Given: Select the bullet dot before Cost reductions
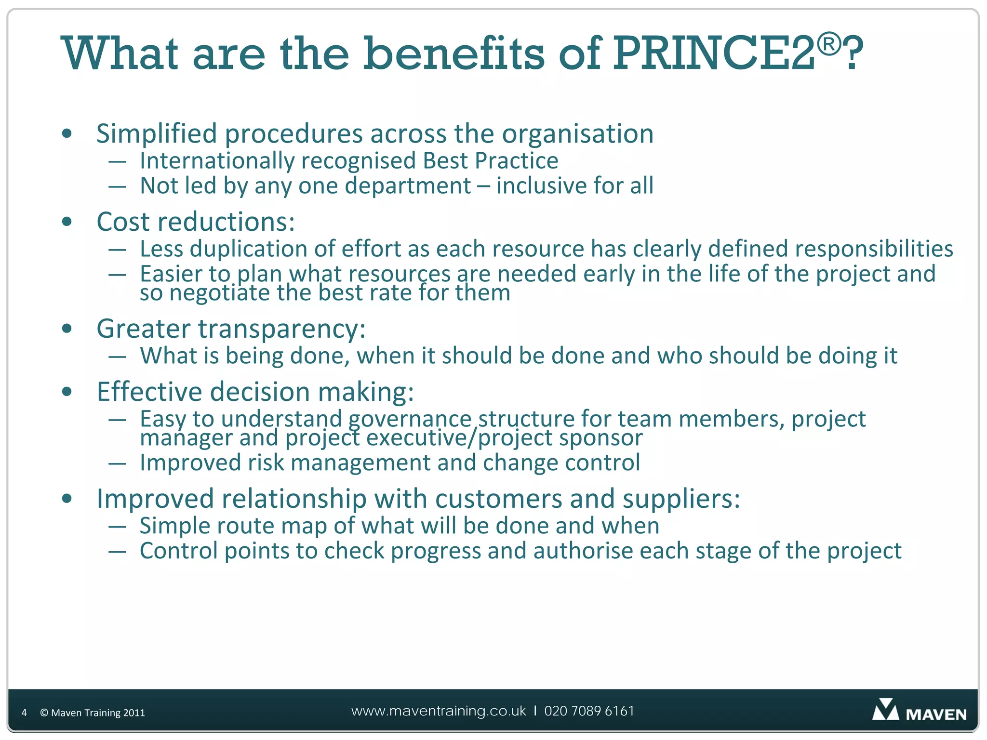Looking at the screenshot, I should coord(67,222).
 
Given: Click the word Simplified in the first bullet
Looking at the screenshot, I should coord(157,134).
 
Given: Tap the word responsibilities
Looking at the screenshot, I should coord(873,249).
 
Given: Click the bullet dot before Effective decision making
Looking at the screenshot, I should coord(67,392).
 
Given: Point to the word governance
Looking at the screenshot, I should coord(410,419).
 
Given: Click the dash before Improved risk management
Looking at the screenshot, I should coord(117,463).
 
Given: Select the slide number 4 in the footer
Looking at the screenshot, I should coord(24,713).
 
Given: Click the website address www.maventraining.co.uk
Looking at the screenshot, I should coord(439,711).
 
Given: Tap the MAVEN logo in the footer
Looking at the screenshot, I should coord(919,711).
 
